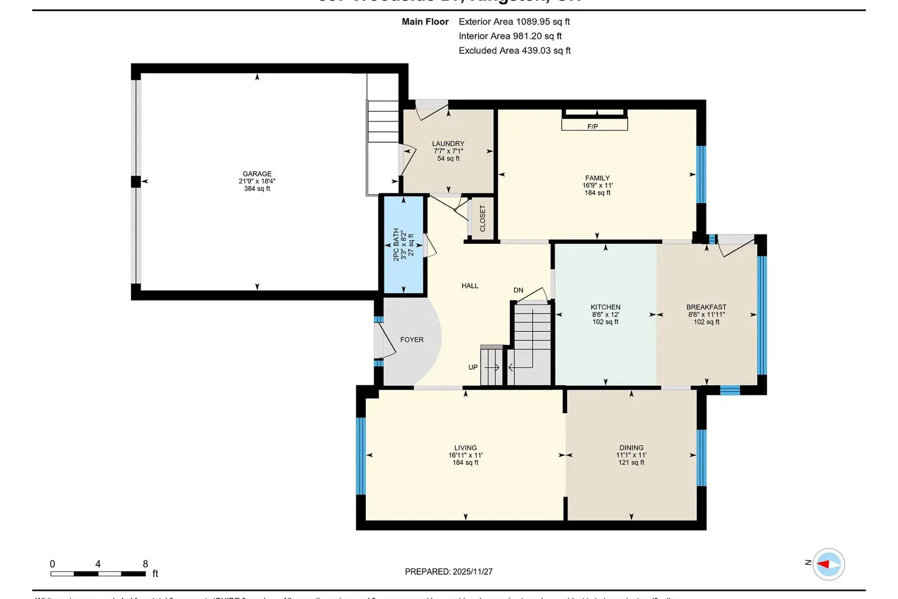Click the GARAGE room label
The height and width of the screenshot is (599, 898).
click(257, 174)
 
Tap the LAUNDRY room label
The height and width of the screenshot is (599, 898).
click(448, 144)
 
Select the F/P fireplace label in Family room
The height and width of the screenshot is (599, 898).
click(593, 126)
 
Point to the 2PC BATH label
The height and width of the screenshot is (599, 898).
click(396, 244)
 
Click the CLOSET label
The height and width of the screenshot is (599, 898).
click(483, 219)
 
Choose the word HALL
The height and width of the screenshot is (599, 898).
click(470, 286)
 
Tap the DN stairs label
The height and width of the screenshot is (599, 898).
click(518, 290)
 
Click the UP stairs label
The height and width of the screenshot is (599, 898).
click(473, 367)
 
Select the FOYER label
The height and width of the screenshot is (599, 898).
click(412, 340)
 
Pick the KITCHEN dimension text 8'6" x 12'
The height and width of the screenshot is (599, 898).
click(605, 314)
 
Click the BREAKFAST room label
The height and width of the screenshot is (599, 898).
click(706, 307)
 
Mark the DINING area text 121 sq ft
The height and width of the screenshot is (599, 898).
click(631, 462)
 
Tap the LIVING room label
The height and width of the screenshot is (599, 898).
click(465, 447)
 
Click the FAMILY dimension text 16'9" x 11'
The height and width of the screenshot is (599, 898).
click(597, 186)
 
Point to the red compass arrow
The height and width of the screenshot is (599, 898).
click(824, 564)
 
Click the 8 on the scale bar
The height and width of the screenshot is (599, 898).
click(145, 564)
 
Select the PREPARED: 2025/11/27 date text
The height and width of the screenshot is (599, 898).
click(448, 571)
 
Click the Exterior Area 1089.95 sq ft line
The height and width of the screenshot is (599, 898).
click(514, 22)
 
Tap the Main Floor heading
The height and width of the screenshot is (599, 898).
click(425, 22)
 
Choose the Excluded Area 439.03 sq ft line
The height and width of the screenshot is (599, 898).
click(514, 50)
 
